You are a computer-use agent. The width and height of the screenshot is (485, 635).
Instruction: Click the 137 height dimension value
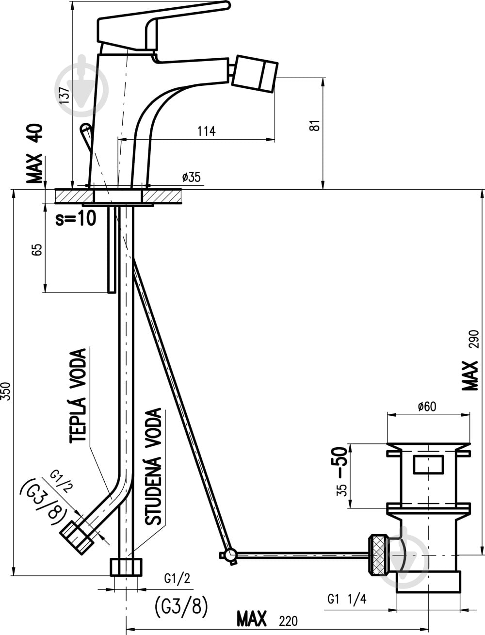[65, 96]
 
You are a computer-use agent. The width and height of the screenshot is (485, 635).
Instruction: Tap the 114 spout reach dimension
[207, 131]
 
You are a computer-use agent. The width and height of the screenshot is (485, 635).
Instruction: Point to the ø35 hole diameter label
[191, 177]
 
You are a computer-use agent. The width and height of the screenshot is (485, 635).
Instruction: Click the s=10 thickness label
[76, 218]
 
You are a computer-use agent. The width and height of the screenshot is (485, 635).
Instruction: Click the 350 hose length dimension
[6, 391]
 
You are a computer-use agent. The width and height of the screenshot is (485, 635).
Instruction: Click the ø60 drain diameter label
[427, 407]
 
